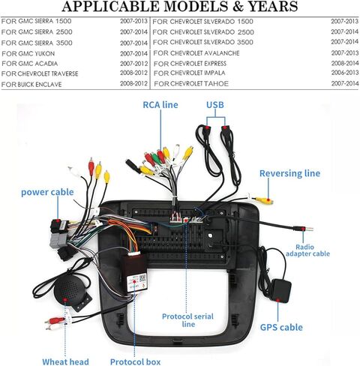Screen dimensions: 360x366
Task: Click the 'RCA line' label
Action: (160, 105)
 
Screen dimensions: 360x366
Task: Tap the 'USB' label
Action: (215, 105)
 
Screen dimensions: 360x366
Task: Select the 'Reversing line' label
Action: (289, 173)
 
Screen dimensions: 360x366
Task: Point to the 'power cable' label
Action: (47, 192)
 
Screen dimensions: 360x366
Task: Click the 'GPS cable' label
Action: (281, 327)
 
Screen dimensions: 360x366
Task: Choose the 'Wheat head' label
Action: (65, 361)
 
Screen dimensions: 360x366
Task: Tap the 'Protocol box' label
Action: (135, 361)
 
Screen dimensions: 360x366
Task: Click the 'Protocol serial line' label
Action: (187, 320)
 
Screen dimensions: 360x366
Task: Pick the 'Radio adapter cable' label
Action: (307, 250)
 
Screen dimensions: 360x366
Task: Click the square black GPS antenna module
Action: (280, 291)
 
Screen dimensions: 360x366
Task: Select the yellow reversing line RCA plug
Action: (264, 200)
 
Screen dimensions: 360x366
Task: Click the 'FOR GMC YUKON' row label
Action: (28, 53)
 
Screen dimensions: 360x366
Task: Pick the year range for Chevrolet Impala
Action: (345, 73)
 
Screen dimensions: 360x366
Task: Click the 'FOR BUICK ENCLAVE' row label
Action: (31, 85)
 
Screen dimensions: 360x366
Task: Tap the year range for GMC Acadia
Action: (133, 64)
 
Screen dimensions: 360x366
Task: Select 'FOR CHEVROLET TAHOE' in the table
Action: (191, 84)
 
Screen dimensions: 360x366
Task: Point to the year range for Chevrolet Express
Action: (345, 63)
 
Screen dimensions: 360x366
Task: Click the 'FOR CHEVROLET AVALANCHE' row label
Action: (196, 53)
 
